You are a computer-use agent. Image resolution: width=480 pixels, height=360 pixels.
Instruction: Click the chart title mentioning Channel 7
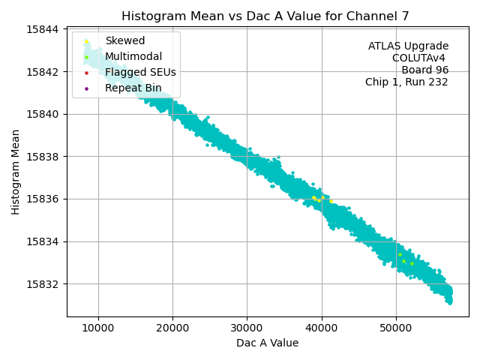[x=267, y=16]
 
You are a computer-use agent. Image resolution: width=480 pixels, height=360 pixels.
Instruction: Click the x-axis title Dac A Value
[x=267, y=343]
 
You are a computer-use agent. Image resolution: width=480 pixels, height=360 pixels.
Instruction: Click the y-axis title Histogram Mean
[x=16, y=172]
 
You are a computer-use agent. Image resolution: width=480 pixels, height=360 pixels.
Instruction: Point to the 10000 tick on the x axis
[x=98, y=328]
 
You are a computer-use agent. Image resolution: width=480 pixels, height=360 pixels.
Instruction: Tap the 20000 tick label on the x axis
[x=172, y=328]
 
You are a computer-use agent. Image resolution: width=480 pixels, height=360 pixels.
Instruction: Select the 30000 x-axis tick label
[x=247, y=328]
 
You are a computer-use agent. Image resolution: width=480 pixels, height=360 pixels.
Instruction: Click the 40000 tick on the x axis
[x=322, y=328]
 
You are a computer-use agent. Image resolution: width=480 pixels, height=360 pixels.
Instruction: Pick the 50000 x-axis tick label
[x=396, y=328]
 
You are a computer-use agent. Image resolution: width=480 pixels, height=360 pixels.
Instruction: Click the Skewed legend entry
[x=125, y=40]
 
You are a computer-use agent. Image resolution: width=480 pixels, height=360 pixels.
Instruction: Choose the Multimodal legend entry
[x=133, y=56]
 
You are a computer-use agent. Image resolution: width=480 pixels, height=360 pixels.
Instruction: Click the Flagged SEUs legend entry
[x=140, y=72]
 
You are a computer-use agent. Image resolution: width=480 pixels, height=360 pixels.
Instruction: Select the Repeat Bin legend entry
[x=133, y=88]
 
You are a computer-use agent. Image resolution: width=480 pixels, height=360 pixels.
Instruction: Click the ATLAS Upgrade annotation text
[x=408, y=46]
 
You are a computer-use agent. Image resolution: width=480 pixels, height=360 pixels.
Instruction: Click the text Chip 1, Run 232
[x=406, y=82]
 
